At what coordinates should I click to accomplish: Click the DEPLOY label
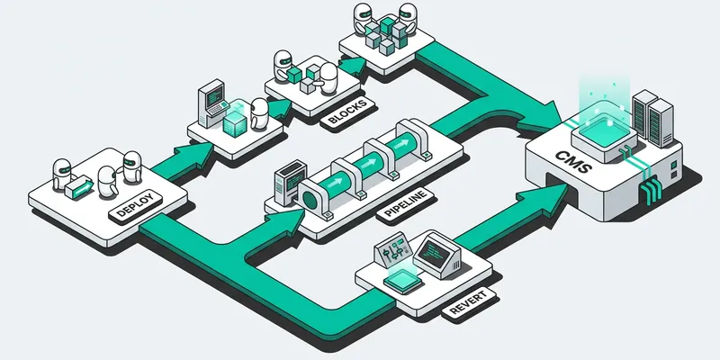tap(137, 206)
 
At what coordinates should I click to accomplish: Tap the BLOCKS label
tap(348, 112)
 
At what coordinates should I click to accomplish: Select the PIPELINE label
tap(405, 205)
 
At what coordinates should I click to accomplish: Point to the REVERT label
tap(469, 303)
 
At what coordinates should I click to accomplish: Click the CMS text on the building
tap(573, 162)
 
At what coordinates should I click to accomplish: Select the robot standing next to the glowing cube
tap(259, 113)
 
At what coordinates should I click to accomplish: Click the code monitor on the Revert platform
tap(436, 255)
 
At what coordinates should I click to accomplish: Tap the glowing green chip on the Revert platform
tap(402, 281)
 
